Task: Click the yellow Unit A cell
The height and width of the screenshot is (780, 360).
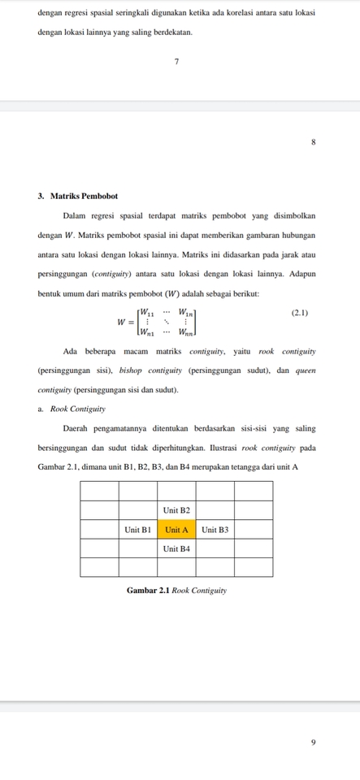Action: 176,529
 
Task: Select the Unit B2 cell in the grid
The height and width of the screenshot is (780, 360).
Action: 176,509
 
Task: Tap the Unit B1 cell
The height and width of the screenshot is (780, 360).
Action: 137,529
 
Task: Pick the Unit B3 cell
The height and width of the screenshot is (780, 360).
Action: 215,529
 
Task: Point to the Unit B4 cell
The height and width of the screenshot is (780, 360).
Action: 176,548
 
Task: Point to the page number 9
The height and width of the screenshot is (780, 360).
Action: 313,741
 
